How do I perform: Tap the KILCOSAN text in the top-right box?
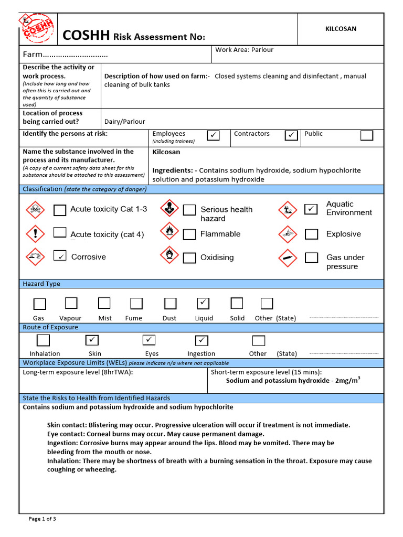pyautogui.click(x=341, y=29)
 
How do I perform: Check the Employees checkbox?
pyautogui.click(x=214, y=135)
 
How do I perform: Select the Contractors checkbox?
pyautogui.click(x=291, y=135)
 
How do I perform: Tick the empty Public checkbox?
pyautogui.click(x=367, y=135)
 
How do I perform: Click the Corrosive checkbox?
pyautogui.click(x=60, y=256)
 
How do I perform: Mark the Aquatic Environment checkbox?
pyautogui.click(x=311, y=209)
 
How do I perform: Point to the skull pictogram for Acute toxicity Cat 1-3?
pyautogui.click(x=36, y=210)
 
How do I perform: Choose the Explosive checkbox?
pyautogui.click(x=311, y=234)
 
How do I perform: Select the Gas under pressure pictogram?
pyautogui.click(x=287, y=257)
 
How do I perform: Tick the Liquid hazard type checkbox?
pyautogui.click(x=203, y=303)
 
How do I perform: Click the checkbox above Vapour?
pyautogui.click(x=71, y=303)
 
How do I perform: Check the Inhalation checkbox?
pyautogui.click(x=43, y=340)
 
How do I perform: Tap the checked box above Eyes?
pyautogui.click(x=150, y=340)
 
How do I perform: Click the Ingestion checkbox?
pyautogui.click(x=201, y=340)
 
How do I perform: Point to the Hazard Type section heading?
pyautogui.click(x=41, y=284)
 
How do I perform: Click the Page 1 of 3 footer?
pyautogui.click(x=42, y=519)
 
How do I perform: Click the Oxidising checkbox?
pyautogui.click(x=189, y=257)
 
